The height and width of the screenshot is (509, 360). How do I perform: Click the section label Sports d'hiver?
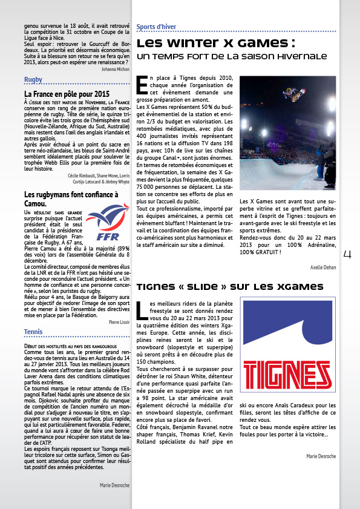click(x=156, y=27)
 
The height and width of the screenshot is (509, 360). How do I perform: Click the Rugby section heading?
click(x=33, y=80)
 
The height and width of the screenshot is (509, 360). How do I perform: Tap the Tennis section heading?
click(x=33, y=332)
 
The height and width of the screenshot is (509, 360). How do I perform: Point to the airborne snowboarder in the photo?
click(x=293, y=94)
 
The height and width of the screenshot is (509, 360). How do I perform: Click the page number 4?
click(x=347, y=255)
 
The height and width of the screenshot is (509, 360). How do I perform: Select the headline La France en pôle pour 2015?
click(x=67, y=94)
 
